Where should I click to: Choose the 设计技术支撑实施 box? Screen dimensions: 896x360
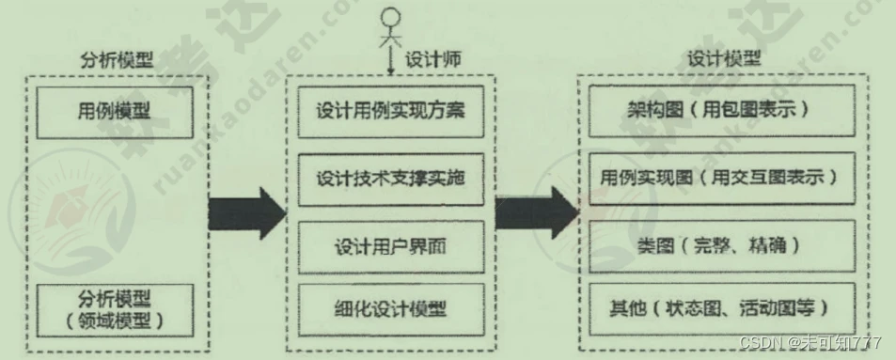pos(391,179)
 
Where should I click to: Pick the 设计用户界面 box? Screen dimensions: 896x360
pos(391,247)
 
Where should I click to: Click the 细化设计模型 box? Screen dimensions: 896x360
pos(391,308)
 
